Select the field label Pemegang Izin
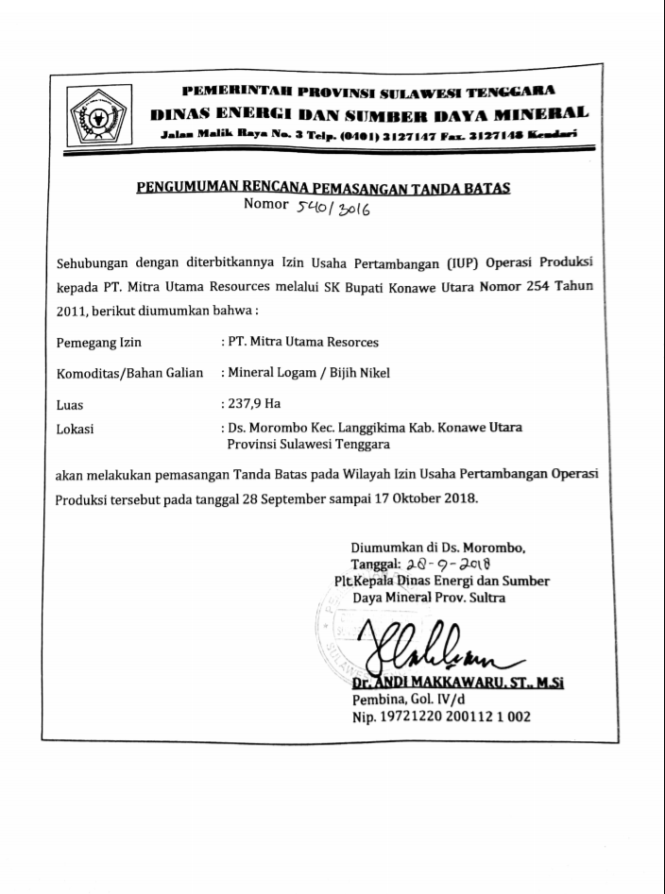coord(99,343)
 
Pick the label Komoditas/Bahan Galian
coord(130,373)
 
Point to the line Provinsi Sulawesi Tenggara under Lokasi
coord(308,442)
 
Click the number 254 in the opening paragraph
coord(524,287)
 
